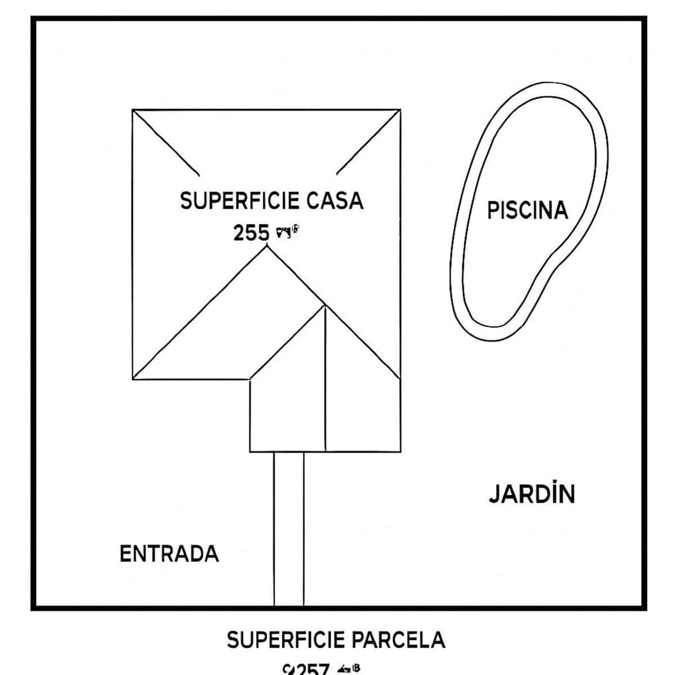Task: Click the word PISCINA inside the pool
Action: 527,210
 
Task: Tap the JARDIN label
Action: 532,493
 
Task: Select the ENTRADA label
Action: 169,553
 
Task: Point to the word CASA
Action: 336,201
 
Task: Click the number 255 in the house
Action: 251,232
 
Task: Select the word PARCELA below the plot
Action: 399,640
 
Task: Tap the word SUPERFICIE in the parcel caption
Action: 286,640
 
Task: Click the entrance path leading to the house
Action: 289,529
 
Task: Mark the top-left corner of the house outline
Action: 133,110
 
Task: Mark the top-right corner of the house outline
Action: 400,110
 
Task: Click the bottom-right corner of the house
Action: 400,452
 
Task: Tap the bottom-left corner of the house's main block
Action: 133,379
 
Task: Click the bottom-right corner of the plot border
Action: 644,607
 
